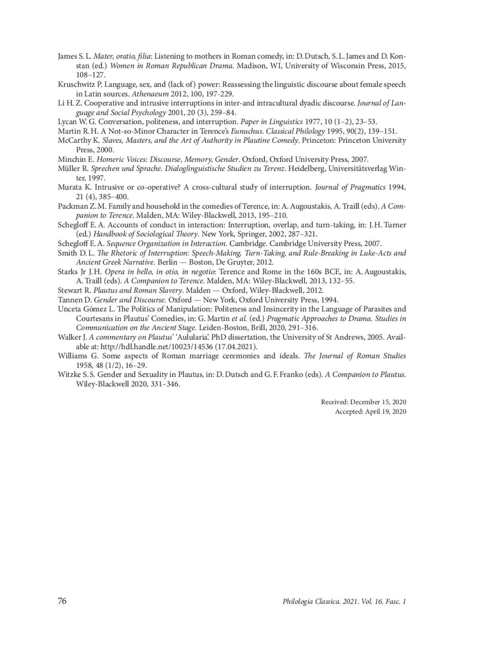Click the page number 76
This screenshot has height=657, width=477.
point(62,601)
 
